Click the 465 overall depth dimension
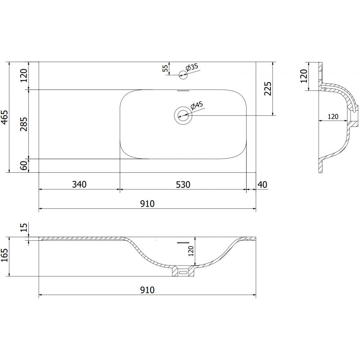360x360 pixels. pyautogui.click(x=5, y=117)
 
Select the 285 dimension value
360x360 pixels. pyautogui.click(x=24, y=124)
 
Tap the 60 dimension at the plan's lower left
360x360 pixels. pyautogui.click(x=24, y=166)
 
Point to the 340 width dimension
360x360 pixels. pyautogui.click(x=79, y=184)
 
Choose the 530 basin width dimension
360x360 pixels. pyautogui.click(x=183, y=184)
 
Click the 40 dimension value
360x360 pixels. pyautogui.click(x=263, y=184)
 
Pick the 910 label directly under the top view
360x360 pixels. pyautogui.click(x=147, y=203)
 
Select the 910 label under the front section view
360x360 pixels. pyautogui.click(x=147, y=290)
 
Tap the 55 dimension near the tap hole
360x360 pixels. pyautogui.click(x=165, y=68)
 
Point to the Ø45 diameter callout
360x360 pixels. pyautogui.click(x=197, y=106)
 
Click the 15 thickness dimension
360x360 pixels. pyautogui.click(x=24, y=228)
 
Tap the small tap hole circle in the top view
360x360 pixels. pyautogui.click(x=183, y=75)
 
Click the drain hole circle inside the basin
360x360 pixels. pyautogui.click(x=183, y=116)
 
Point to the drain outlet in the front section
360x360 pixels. pyautogui.click(x=183, y=271)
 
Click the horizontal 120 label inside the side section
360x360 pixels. pyautogui.click(x=333, y=116)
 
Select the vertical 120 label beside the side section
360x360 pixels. pyautogui.click(x=304, y=76)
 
